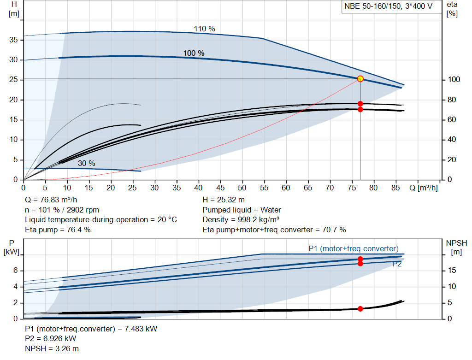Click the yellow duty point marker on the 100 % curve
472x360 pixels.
pos(360,79)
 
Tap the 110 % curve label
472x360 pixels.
pos(204,29)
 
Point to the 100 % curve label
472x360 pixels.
pos(194,53)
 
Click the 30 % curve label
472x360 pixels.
pos(86,163)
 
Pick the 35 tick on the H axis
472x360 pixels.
pos(14,40)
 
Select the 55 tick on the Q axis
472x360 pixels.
pos(264,188)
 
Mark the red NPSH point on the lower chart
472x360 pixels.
pos(360,308)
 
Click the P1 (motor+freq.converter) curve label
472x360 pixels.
pos(353,249)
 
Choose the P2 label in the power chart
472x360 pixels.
pos(397,264)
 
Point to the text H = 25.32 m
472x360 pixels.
pos(223,200)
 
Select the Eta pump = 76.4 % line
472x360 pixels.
pos(58,229)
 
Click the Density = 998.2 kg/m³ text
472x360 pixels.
pos(241,219)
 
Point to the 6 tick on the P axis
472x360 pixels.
pos(15,271)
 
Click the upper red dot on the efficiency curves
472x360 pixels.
pos(360,104)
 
